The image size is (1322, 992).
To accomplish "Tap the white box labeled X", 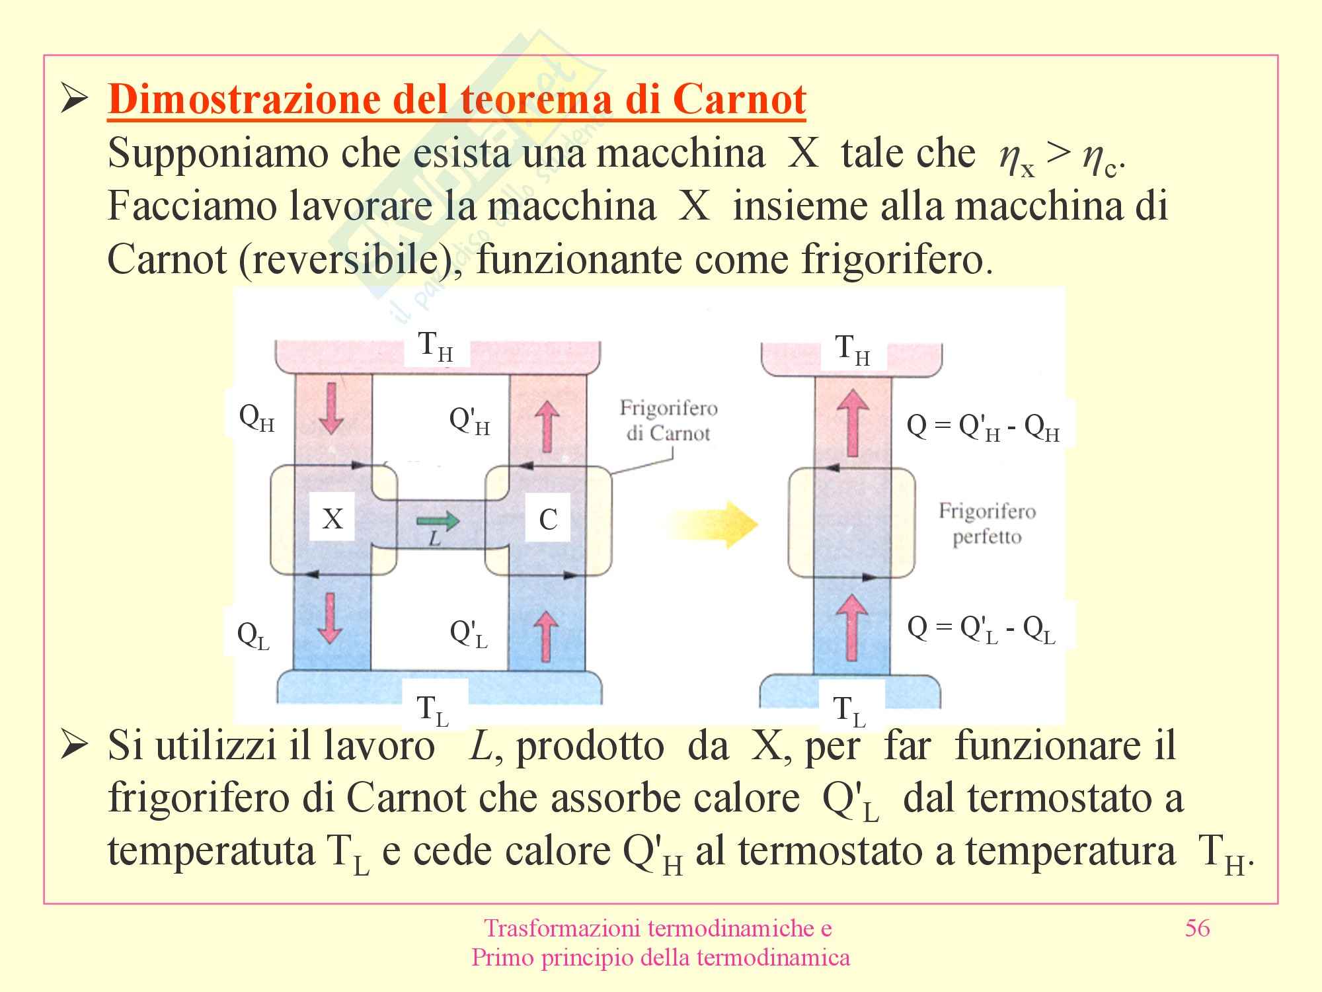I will pyautogui.click(x=332, y=518).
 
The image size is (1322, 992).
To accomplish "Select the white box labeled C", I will pyautogui.click(x=548, y=519).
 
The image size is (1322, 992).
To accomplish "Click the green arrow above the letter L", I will pyautogui.click(x=438, y=520).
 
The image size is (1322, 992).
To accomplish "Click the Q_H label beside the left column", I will pyautogui.click(x=256, y=419).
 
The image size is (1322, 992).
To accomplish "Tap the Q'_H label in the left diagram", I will pyautogui.click(x=469, y=421).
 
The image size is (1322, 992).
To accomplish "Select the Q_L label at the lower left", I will pyautogui.click(x=254, y=636).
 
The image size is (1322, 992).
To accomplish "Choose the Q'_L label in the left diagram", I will pyautogui.click(x=469, y=634).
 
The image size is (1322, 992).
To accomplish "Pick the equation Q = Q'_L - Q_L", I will pyautogui.click(x=982, y=629).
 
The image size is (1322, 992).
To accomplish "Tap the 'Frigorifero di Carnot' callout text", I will pyautogui.click(x=668, y=421).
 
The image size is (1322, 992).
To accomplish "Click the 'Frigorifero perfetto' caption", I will pyautogui.click(x=987, y=523).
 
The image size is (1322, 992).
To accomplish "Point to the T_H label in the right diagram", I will pyautogui.click(x=853, y=350).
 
